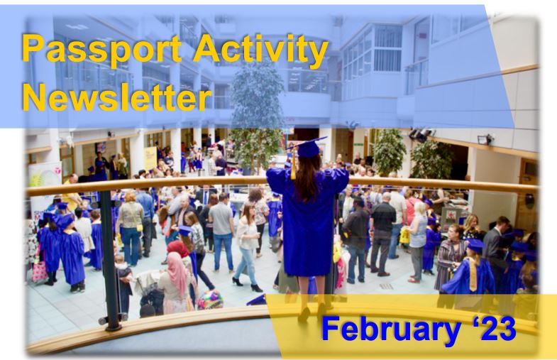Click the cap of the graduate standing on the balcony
[x=307, y=147]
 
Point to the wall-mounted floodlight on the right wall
[x=485, y=139]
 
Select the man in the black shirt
[x=382, y=227]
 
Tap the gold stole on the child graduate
[x=473, y=273]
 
